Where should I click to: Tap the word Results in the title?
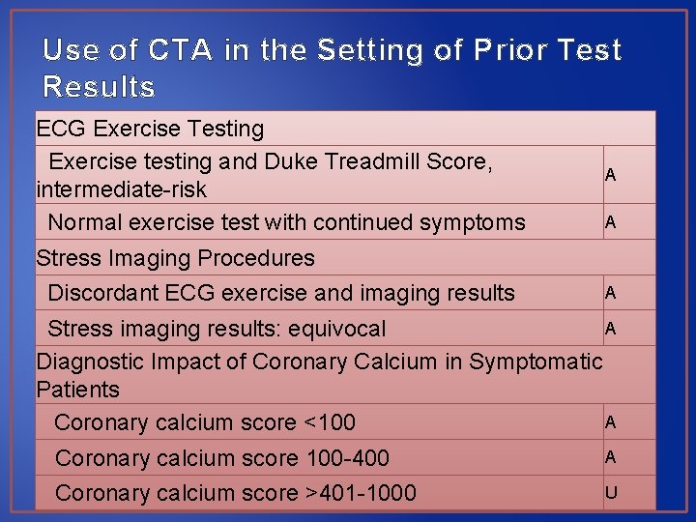tap(99, 87)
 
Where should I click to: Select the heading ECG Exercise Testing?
tap(150, 129)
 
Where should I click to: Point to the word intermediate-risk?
tap(121, 188)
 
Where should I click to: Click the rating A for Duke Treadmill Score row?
tap(610, 175)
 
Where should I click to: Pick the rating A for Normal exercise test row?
tap(610, 221)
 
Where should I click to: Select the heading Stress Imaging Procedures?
tap(175, 258)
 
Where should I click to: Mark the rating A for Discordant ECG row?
tap(610, 292)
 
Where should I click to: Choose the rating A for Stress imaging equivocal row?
tap(610, 329)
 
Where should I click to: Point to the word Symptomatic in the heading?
tap(536, 362)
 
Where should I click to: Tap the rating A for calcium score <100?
tap(610, 421)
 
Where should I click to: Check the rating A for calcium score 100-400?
tap(610, 456)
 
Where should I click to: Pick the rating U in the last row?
tap(610, 493)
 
